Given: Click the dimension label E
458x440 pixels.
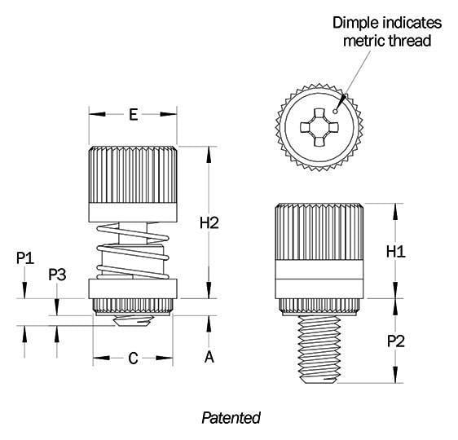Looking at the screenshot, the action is tap(134, 114).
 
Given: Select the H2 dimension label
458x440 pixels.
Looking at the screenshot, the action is tap(209, 223).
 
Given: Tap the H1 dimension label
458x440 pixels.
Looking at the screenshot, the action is tap(396, 252).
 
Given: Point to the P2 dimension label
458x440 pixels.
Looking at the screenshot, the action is tap(396, 341).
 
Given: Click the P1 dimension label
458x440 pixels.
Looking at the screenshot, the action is tap(25, 258).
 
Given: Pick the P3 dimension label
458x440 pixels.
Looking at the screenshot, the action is tap(57, 275).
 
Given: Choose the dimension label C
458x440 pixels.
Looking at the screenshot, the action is tap(133, 359).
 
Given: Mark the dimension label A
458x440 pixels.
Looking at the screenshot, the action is tap(209, 357).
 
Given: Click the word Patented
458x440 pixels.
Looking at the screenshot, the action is tap(231, 418).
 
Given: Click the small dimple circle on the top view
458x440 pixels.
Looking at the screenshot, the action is tap(335, 111).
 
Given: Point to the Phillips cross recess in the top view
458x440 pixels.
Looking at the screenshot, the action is tap(319, 127).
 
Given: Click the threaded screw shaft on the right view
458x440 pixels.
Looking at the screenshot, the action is tap(319, 350).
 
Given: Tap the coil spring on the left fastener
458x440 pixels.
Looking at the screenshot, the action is tap(133, 251).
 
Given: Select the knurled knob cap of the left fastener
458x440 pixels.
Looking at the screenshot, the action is tap(133, 184).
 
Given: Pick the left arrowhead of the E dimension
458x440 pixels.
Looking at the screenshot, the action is tap(97, 114).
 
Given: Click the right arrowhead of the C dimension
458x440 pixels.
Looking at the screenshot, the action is tap(164, 358).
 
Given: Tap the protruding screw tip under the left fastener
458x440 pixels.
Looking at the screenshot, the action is tap(132, 321).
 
